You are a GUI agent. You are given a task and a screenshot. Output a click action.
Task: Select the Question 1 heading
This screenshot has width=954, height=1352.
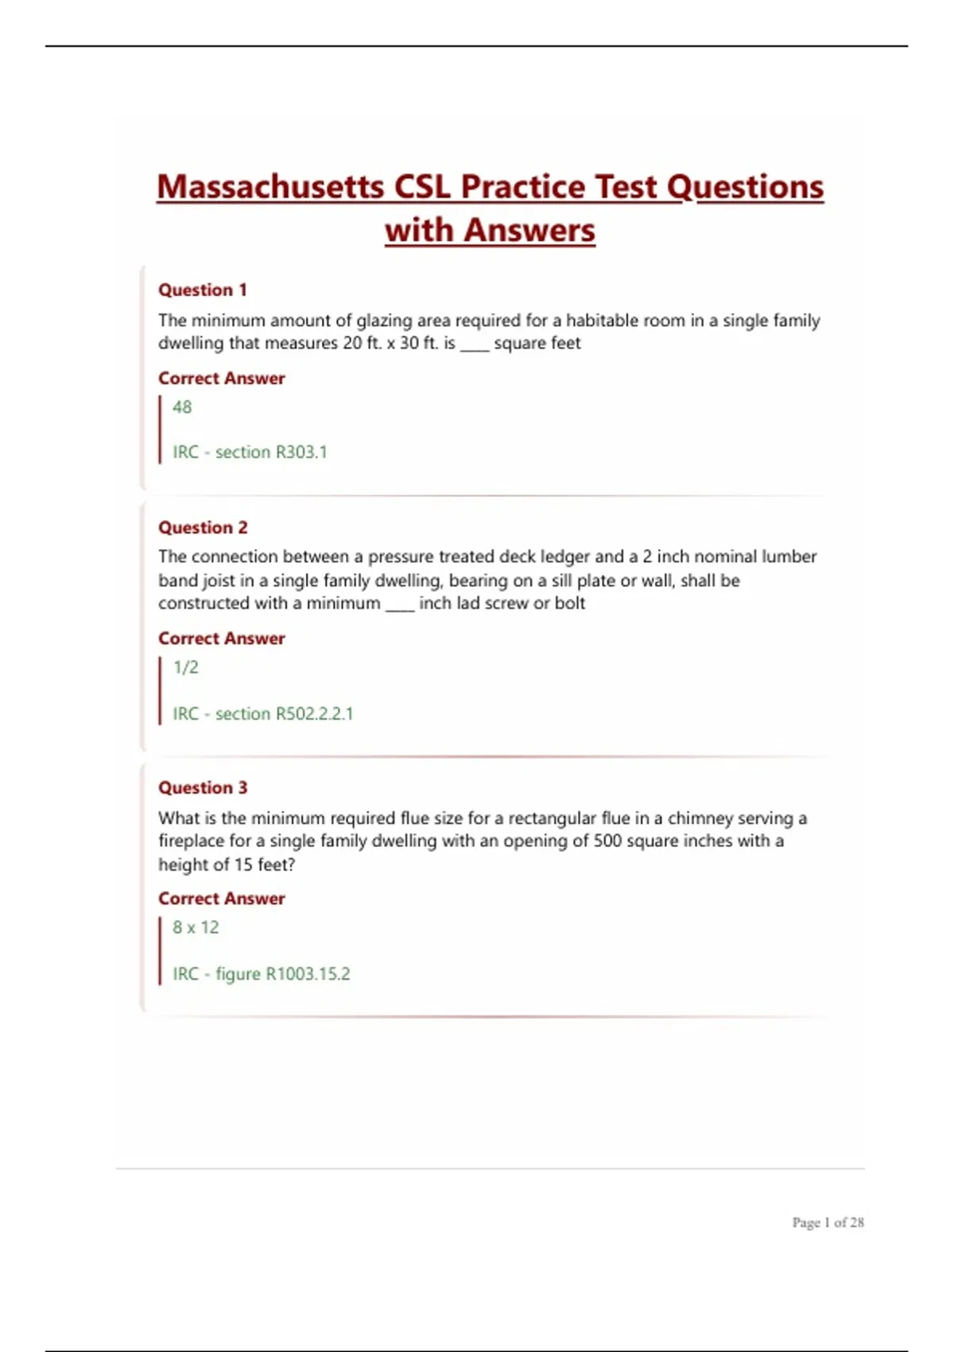[203, 290]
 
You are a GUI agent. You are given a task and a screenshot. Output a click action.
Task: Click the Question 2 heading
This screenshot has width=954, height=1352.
[203, 528]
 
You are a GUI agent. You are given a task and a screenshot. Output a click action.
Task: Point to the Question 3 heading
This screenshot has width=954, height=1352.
[203, 788]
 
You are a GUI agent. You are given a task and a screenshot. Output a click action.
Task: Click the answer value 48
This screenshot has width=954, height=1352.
[182, 407]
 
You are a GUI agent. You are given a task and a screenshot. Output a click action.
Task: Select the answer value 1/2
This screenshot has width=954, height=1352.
[186, 667]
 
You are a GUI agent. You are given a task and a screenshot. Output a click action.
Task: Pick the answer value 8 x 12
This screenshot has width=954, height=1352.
[196, 927]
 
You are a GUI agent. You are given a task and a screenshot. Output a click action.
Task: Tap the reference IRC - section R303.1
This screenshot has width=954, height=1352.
[250, 453]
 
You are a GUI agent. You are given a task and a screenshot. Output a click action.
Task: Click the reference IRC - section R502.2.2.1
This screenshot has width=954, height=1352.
[262, 713]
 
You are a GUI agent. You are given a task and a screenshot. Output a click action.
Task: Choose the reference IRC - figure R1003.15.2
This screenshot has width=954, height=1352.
[261, 974]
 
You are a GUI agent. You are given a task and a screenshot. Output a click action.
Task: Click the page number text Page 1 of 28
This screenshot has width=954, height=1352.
[828, 1222]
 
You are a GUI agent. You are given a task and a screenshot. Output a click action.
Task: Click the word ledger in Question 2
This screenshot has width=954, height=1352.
[565, 557]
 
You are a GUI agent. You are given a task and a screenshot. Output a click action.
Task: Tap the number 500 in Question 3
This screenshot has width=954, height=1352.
[607, 841]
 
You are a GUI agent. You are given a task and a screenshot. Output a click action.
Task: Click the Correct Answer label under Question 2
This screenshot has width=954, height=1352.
[221, 639]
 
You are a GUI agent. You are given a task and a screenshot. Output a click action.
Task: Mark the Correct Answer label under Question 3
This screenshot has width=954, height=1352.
[221, 899]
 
